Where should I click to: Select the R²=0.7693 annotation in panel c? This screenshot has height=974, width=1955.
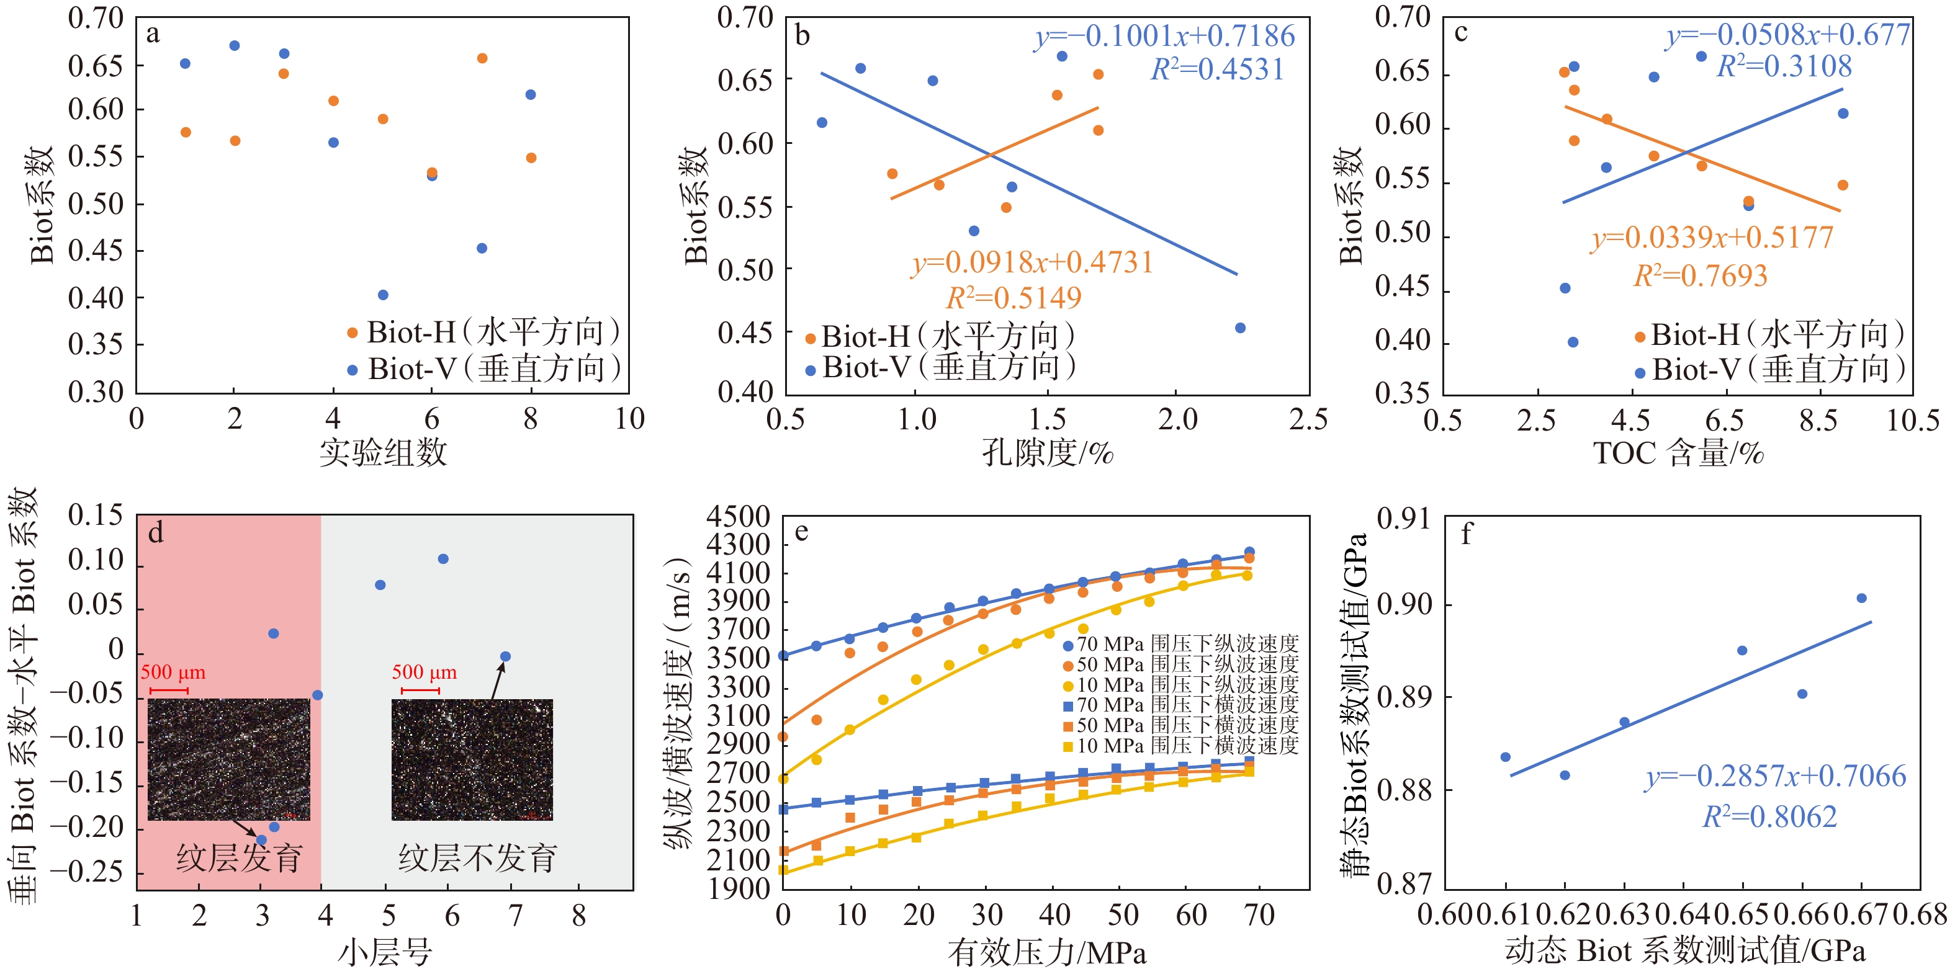click(x=1700, y=275)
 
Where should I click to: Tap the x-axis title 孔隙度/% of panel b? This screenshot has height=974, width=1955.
click(x=1048, y=453)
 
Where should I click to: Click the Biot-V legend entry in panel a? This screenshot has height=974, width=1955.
click(x=486, y=369)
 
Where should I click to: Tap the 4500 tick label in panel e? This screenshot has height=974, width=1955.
click(x=738, y=517)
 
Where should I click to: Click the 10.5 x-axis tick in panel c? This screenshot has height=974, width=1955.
click(x=1913, y=419)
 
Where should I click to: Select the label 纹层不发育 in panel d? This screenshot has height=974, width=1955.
click(x=477, y=858)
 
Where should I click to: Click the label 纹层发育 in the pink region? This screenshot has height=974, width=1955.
click(x=239, y=858)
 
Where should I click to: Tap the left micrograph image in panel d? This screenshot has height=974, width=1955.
click(x=228, y=759)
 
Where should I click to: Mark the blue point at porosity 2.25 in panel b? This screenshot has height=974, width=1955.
click(x=1240, y=328)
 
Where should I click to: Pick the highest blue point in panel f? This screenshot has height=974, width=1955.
click(x=1861, y=599)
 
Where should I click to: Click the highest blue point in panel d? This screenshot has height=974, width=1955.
click(x=443, y=559)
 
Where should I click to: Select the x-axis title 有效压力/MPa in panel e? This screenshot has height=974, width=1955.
click(x=1048, y=952)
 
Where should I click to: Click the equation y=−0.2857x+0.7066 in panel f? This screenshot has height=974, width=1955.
click(x=1775, y=776)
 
